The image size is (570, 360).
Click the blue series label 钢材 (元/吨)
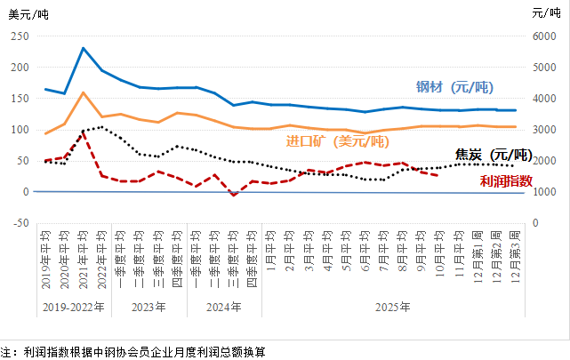click(x=454, y=87)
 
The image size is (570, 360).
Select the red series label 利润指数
click(x=505, y=180)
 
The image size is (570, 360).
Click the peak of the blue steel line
click(x=83, y=48)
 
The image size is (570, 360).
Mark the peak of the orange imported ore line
click(x=83, y=92)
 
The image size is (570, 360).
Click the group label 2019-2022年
click(x=74, y=308)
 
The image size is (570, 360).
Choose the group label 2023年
click(x=149, y=308)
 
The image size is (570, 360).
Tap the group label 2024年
click(x=224, y=308)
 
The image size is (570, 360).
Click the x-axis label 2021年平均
click(x=84, y=260)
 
